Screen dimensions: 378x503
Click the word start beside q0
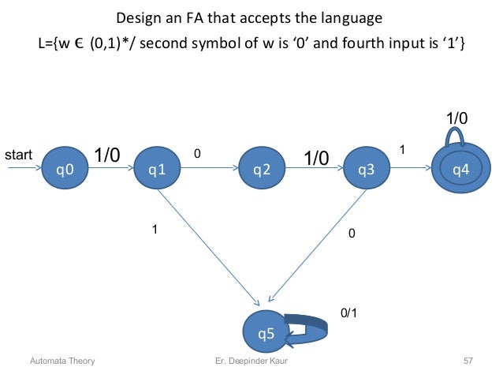pos(19,155)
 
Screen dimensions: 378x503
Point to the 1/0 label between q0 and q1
pos(108,155)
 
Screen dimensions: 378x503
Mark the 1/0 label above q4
pos(456,118)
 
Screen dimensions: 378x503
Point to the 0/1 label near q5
pos(348,313)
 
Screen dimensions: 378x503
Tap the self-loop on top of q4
pos(456,137)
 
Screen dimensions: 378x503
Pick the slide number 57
pos(468,361)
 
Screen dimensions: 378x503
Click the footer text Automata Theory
pos(62,361)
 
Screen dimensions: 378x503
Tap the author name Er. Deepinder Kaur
pos(252,361)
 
